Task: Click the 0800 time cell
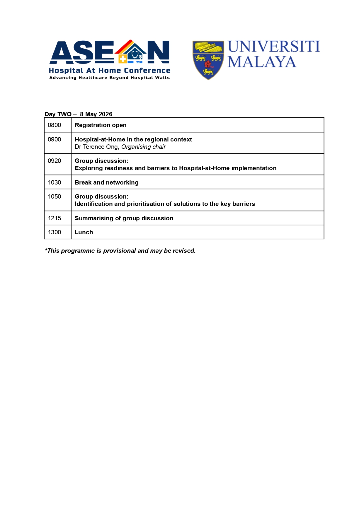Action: (x=55, y=125)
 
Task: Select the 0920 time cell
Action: (x=55, y=161)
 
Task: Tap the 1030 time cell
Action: (x=55, y=182)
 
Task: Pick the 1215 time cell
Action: (x=55, y=218)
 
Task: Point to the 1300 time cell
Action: (x=55, y=232)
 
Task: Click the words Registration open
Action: (x=101, y=125)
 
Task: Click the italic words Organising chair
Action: (x=144, y=147)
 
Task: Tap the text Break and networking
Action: (x=107, y=182)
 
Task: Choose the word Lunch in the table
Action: (x=84, y=232)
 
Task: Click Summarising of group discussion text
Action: (x=124, y=218)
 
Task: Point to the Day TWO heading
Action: (x=58, y=114)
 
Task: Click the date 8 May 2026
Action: (x=96, y=114)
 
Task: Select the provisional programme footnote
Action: (x=120, y=251)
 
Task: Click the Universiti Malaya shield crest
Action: (x=208, y=60)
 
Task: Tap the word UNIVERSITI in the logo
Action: (x=273, y=47)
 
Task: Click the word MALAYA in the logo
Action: (x=262, y=62)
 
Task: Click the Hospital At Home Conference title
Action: (x=110, y=71)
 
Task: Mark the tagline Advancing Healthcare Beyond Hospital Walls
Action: (x=110, y=78)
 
